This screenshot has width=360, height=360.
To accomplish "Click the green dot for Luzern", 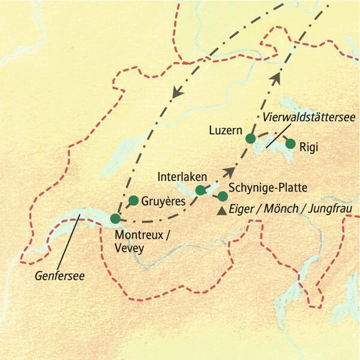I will pyautogui.click(x=251, y=139).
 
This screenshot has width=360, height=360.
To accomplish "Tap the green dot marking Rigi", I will pyautogui.click(x=290, y=144).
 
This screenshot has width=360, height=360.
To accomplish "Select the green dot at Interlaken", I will pyautogui.click(x=200, y=190).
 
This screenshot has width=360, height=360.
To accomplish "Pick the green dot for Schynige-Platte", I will pyautogui.click(x=223, y=196).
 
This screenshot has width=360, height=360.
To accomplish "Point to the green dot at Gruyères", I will pyautogui.click(x=134, y=200).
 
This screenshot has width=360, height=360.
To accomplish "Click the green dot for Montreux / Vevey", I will pyautogui.click(x=116, y=219).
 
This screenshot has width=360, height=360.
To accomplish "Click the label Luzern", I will pyautogui.click(x=225, y=130).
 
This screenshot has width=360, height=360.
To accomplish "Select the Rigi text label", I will pyautogui.click(x=311, y=146).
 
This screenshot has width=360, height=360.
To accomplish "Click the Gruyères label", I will pyautogui.click(x=163, y=202).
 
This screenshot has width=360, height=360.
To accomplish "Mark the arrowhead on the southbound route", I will pyautogui.click(x=176, y=93).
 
